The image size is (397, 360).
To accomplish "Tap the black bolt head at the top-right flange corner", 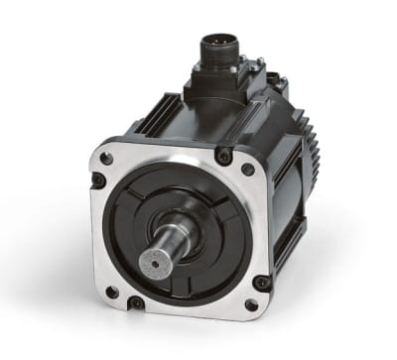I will (x=224, y=155).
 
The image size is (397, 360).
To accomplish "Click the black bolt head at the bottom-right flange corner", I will (x=261, y=283).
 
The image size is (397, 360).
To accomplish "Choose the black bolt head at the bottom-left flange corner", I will (x=135, y=302).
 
